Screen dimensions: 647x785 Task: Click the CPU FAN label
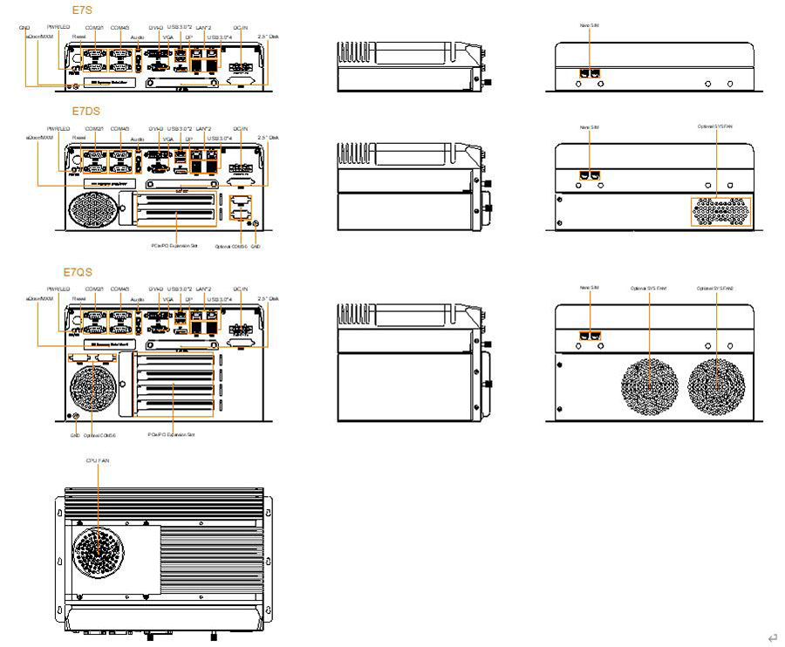(98, 459)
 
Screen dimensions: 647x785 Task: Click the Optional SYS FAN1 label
(650, 288)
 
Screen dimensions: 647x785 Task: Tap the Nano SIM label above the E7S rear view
(590, 26)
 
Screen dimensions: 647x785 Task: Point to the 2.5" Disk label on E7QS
(268, 299)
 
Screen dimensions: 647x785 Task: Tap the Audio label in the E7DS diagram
(138, 139)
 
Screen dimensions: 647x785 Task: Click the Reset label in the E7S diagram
(78, 38)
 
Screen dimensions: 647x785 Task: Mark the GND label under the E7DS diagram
(256, 247)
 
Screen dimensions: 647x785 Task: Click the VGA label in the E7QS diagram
(167, 299)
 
